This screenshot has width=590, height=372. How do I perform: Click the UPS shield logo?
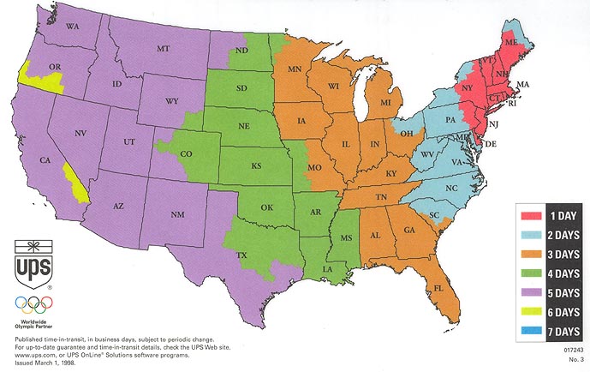point(32,262)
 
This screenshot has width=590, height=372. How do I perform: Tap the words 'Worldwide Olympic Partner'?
point(33,323)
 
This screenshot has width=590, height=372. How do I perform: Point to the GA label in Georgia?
point(409,229)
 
